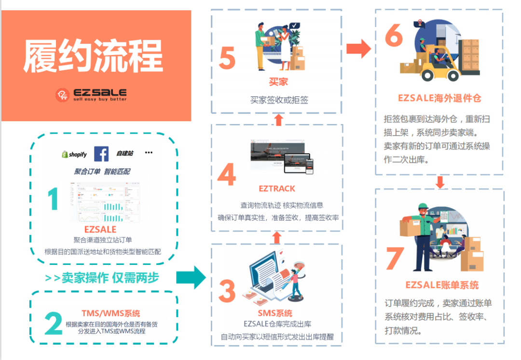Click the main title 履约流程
pos(93,55)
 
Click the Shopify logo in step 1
pos(74,154)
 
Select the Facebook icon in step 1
pos(101,153)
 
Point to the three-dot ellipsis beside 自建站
pos(149,153)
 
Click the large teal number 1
pos(53,199)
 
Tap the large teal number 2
pos(53,323)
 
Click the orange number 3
pos(227,291)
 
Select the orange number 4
pos(226,175)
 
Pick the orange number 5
pos(227,58)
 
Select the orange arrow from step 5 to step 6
pos(358,48)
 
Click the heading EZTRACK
pos(277,188)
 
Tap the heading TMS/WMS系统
pos(111,313)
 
